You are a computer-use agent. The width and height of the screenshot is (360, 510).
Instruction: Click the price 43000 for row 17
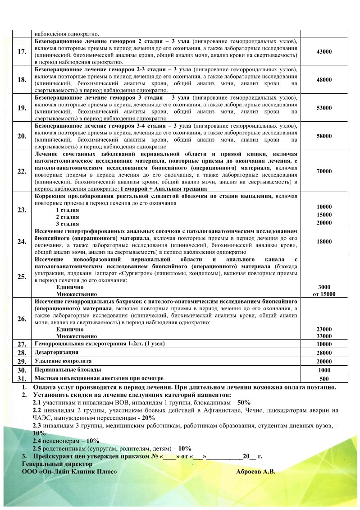point(324,52)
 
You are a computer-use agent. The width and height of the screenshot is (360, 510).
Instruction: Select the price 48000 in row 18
point(324,80)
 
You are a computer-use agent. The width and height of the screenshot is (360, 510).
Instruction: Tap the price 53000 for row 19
point(324,108)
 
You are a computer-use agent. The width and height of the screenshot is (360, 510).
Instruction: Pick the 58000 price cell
point(324,136)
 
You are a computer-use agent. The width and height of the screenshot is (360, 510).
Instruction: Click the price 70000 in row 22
point(324,171)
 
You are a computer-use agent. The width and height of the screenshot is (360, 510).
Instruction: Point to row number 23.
point(21,210)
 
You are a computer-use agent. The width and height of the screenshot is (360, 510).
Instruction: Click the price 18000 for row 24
point(324,241)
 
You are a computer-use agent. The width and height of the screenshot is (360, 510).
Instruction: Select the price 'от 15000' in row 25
point(324,294)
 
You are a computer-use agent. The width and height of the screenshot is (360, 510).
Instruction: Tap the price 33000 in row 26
point(324,336)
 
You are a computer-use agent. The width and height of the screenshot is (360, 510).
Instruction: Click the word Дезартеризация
point(57,352)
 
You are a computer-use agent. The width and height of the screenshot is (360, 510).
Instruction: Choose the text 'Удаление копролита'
point(63,361)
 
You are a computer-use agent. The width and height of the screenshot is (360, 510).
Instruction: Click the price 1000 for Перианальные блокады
point(324,370)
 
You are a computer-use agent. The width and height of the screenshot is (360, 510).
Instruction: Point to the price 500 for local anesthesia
point(324,379)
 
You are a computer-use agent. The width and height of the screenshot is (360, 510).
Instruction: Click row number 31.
point(21,378)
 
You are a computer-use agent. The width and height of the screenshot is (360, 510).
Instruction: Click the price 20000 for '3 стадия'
point(324,223)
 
